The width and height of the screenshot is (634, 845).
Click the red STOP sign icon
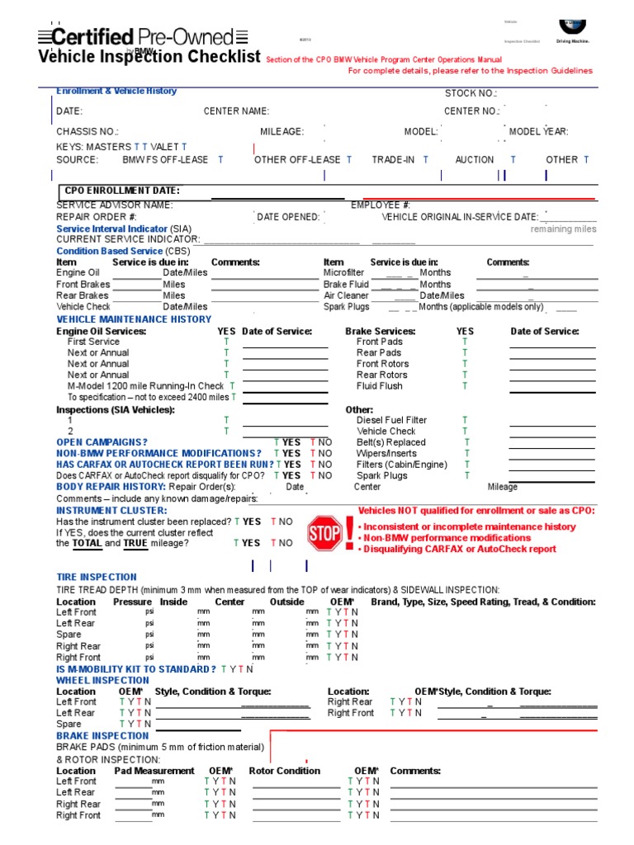[x=324, y=533]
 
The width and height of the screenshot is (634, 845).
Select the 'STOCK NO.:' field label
[x=471, y=94]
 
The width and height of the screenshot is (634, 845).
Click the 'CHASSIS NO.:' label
[x=88, y=132]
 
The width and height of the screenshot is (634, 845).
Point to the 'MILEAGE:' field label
[x=282, y=132]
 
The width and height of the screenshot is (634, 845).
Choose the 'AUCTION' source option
[x=475, y=160]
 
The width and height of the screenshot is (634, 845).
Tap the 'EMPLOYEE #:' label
[x=381, y=205]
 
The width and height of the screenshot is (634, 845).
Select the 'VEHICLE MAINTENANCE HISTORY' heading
[x=134, y=319]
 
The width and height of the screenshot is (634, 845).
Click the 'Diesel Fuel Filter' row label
[x=391, y=420]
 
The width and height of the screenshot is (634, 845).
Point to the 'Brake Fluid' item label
[x=346, y=284]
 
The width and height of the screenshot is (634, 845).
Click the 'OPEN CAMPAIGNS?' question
[x=102, y=442]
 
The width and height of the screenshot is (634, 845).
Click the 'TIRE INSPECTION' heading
[x=97, y=577]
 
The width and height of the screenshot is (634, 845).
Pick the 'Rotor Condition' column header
[x=284, y=771]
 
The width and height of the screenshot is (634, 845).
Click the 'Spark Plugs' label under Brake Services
[x=381, y=476]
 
